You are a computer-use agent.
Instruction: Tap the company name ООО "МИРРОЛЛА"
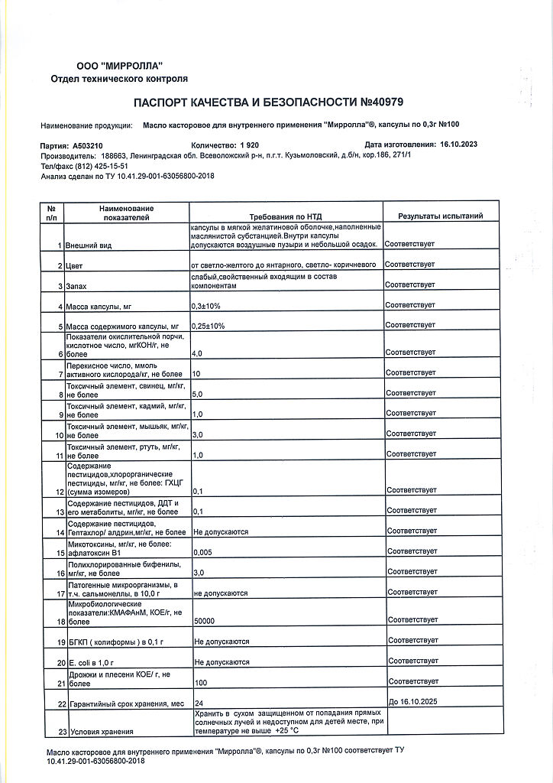click(119, 67)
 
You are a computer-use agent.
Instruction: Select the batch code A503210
click(92, 145)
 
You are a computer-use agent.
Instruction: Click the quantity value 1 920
click(250, 145)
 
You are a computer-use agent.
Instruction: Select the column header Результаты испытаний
click(441, 216)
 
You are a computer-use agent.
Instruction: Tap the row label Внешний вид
click(89, 245)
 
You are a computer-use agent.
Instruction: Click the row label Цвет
click(74, 265)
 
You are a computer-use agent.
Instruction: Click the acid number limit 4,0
click(197, 353)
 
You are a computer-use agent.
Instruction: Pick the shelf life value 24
click(199, 702)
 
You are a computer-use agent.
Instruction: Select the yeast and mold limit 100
click(201, 681)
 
